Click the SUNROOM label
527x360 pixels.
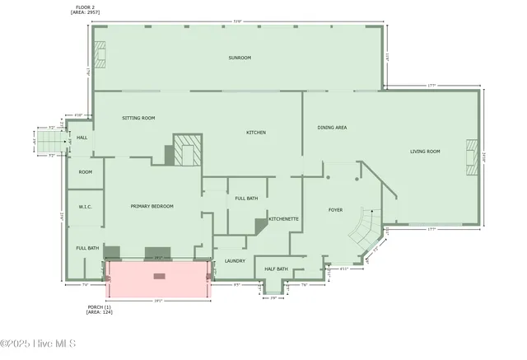[240, 58]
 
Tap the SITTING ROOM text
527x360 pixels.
[138, 118]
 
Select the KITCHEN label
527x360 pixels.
[256, 133]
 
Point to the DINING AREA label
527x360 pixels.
[332, 128]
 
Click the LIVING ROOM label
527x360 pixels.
[425, 151]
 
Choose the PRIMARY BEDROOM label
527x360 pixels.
[152, 206]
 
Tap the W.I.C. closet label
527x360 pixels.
[85, 206]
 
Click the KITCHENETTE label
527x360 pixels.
[283, 219]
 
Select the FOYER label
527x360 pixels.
[336, 210]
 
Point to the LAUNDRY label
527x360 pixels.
[235, 261]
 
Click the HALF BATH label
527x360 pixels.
[277, 269]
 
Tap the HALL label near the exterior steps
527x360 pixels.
[82, 138]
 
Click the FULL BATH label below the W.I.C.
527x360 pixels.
[87, 248]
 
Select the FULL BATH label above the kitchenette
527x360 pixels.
[246, 199]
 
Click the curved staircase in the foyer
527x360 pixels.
[364, 227]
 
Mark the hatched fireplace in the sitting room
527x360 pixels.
[186, 152]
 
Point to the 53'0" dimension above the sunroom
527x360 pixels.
[238, 21]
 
